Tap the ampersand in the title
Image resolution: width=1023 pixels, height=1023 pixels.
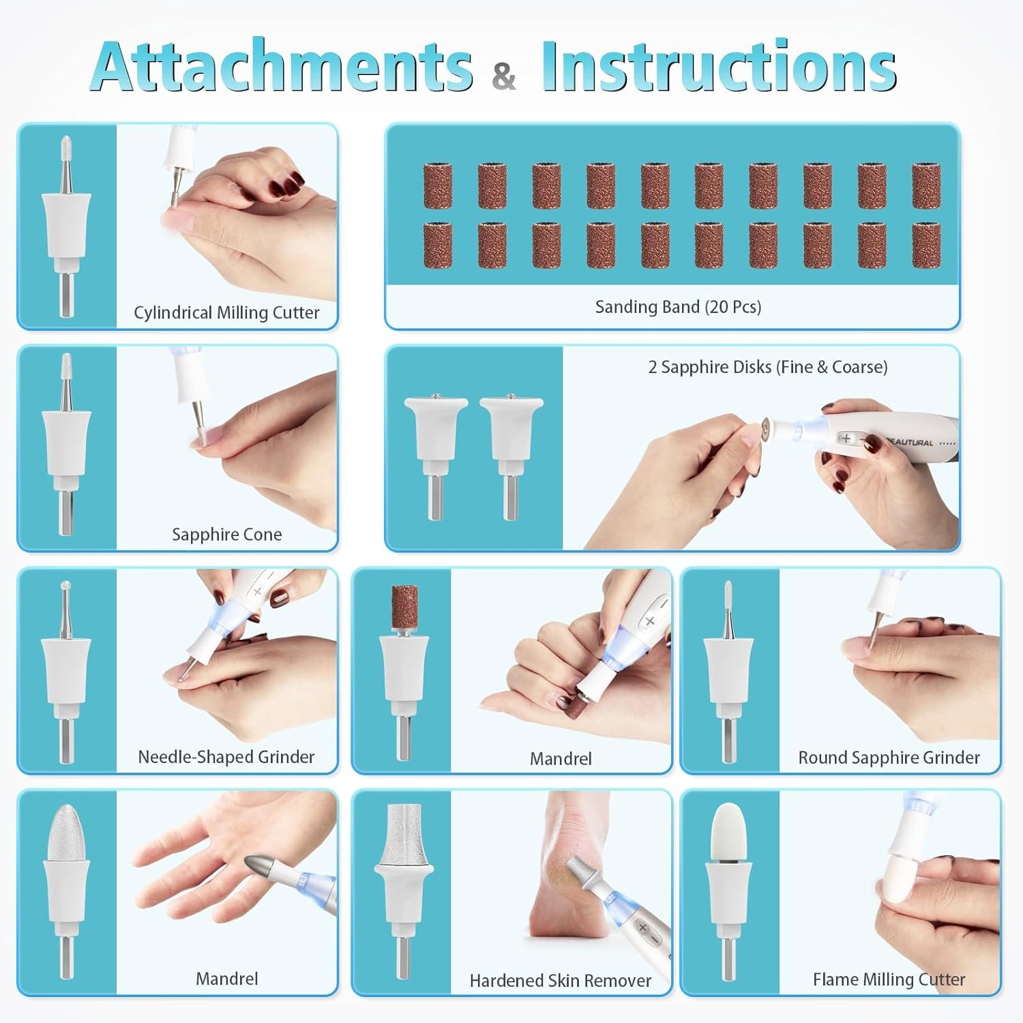pos(503,76)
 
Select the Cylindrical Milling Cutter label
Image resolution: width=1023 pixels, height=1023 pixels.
pos(226,313)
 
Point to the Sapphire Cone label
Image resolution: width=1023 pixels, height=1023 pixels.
pos(226,535)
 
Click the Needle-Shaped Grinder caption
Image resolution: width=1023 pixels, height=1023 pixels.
pos(226,757)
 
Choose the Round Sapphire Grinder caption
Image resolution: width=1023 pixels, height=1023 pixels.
pos(889,758)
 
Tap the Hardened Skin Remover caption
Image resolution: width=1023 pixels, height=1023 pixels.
pos(560,981)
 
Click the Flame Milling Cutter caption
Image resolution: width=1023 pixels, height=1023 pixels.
pos(889,979)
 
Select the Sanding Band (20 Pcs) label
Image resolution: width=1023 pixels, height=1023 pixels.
pos(678,307)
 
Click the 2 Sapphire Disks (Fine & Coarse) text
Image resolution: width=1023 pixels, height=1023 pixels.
pos(768,367)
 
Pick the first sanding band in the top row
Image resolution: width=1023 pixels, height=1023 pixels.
pos(438,186)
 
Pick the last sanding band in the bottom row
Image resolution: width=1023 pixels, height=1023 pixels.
pos(926,245)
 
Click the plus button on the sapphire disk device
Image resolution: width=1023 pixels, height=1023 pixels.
pos(846,438)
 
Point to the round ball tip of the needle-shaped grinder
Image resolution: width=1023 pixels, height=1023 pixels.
pos(66,586)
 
